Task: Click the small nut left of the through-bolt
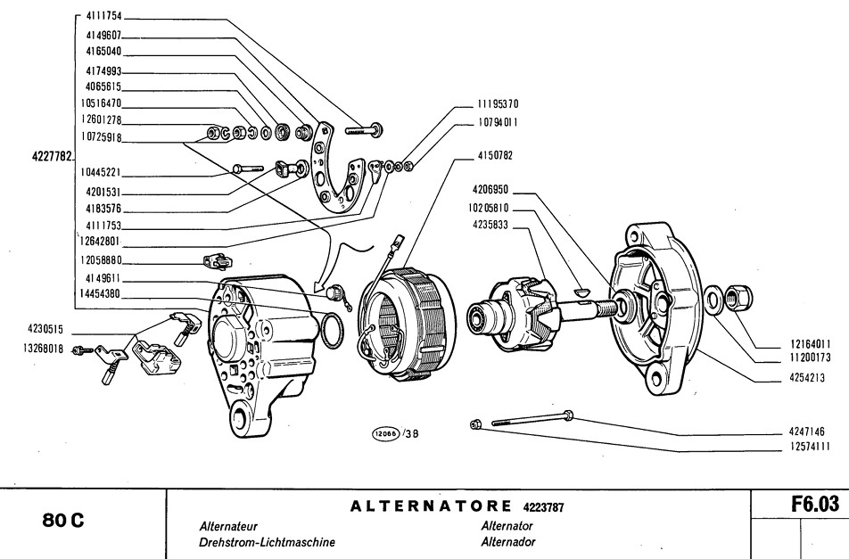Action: [475, 424]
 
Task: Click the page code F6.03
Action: [814, 505]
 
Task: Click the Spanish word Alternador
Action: [508, 542]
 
